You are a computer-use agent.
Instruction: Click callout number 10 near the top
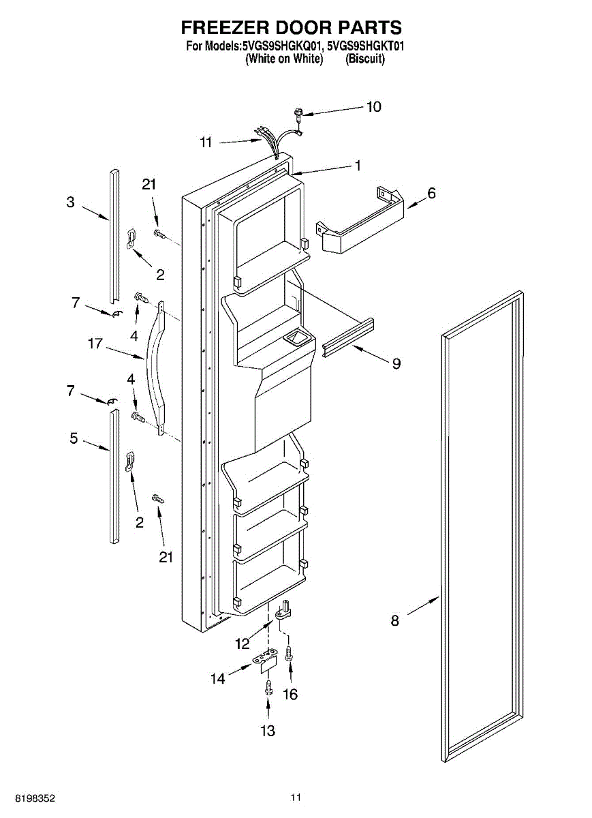tap(374, 107)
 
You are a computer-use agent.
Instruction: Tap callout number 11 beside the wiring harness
tap(206, 142)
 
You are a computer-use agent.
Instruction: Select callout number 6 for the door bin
tap(431, 193)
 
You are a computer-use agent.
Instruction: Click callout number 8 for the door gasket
tap(395, 620)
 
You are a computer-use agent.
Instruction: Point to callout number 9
tap(396, 363)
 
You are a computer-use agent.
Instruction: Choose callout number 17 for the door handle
tap(95, 344)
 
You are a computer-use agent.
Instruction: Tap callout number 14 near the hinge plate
tap(217, 678)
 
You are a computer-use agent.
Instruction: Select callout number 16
tap(291, 694)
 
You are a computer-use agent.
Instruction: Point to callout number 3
tap(70, 202)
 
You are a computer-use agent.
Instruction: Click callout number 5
tap(74, 438)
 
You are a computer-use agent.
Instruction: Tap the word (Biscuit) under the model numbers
tap(365, 59)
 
